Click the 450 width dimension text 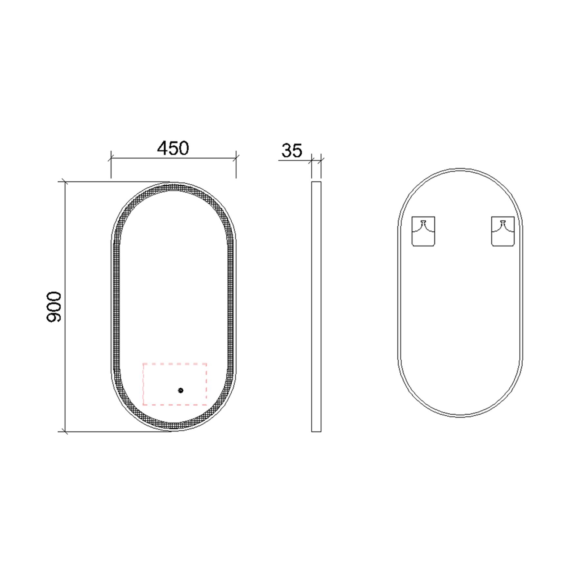point(173,148)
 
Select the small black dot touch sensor point(180,391)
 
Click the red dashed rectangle point(175,364)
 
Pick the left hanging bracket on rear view point(423,231)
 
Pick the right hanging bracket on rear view point(502,231)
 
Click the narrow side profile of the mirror point(316,306)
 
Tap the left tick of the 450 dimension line point(111,158)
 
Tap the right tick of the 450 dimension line point(236,158)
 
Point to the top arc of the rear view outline point(460,169)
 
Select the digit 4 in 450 point(162,148)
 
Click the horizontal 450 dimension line point(193,158)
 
